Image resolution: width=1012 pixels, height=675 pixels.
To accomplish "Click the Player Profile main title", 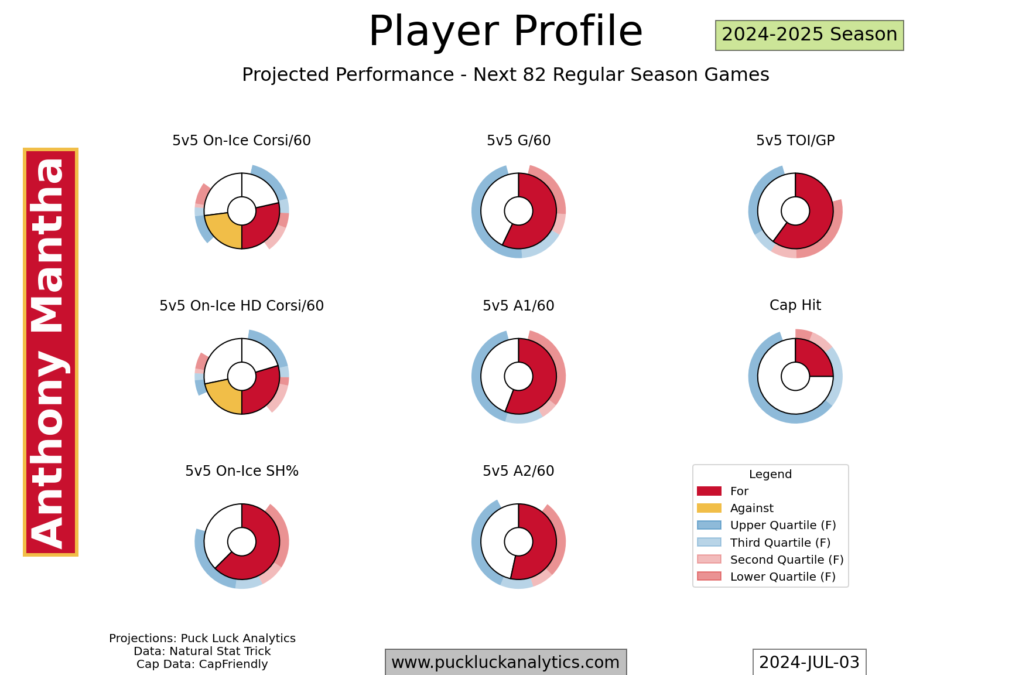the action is [505, 32].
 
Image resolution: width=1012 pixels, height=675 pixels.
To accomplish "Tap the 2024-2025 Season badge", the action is [809, 35].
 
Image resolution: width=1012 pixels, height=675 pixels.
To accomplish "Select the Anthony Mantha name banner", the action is [50, 352].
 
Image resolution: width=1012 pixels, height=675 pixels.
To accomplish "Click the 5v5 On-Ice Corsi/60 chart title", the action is [241, 141].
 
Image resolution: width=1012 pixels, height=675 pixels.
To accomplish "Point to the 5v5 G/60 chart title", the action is [518, 141].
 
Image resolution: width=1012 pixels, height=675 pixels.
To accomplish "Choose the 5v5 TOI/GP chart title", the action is [795, 141].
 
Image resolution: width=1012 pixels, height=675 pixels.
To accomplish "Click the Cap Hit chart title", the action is [795, 305].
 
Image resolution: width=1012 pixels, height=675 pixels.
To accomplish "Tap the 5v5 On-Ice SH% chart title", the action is [241, 471].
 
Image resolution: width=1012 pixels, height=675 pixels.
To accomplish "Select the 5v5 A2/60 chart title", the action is [518, 471].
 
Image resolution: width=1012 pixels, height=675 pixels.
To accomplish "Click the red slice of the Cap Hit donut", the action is [815, 358].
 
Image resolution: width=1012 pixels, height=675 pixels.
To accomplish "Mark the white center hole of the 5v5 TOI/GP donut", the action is [795, 211].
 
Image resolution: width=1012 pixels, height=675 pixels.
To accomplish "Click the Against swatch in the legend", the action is [709, 508].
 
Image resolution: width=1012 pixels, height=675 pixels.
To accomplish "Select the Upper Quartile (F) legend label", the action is [783, 526].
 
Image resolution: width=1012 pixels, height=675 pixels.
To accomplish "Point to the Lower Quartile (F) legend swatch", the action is [709, 577].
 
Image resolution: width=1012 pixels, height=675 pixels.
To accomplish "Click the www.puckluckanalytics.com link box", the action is [505, 662].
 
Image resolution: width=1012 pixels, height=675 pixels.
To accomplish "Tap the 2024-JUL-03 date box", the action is [809, 662].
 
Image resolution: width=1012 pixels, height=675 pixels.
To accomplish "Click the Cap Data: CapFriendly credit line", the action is [202, 664].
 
